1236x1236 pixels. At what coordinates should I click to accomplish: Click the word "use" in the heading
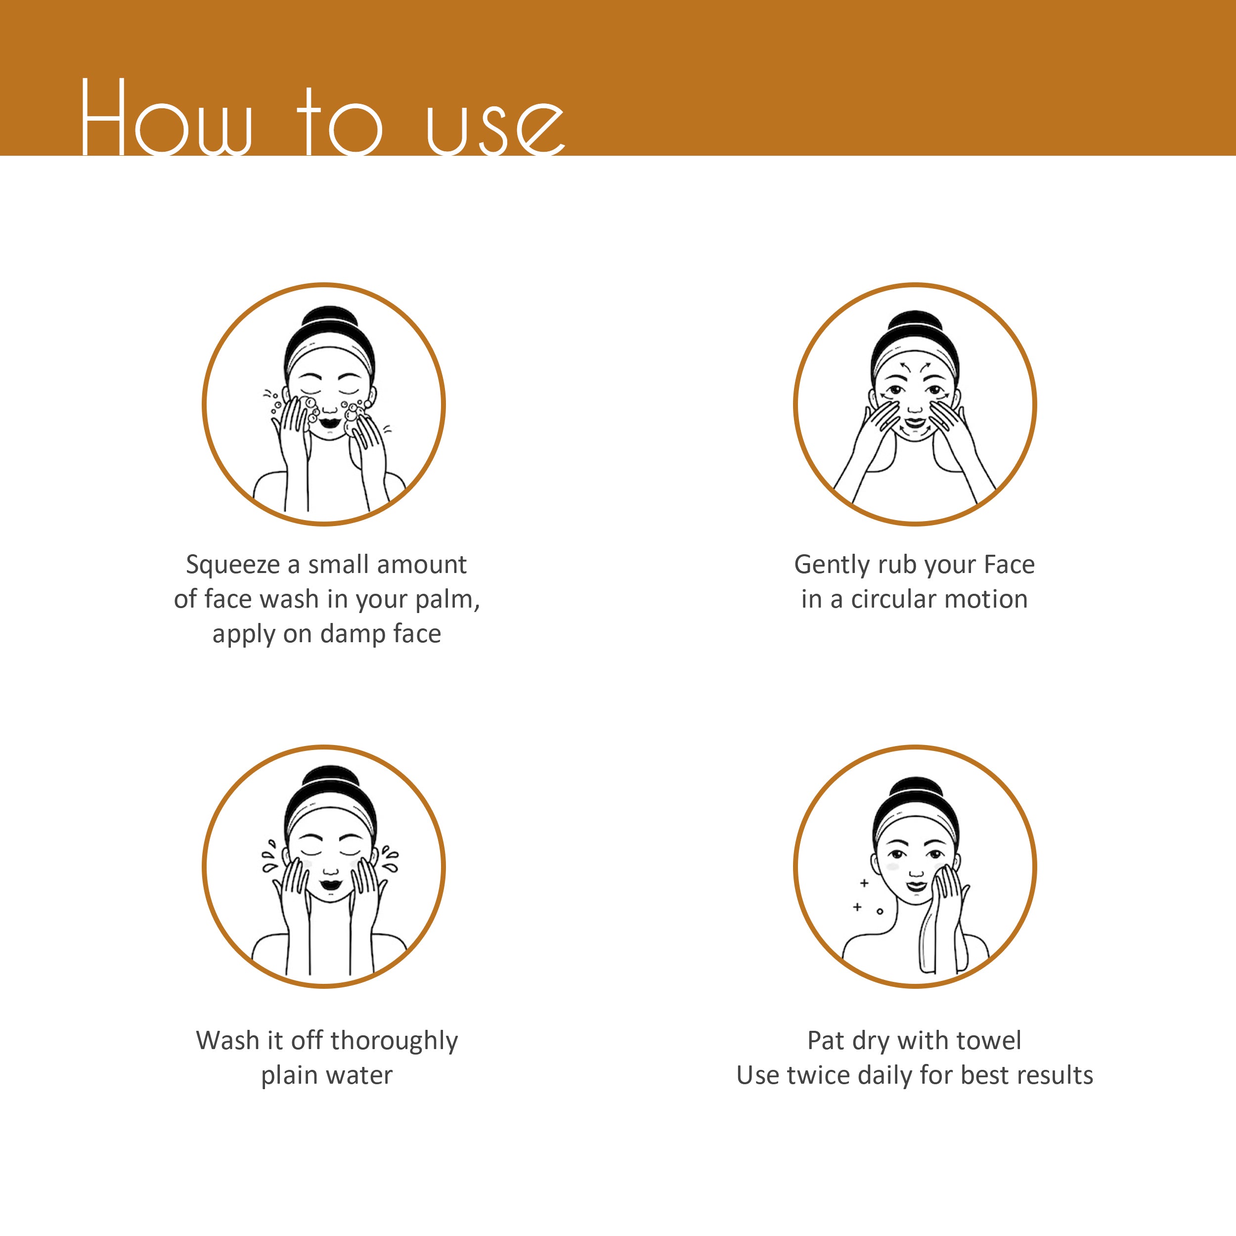pos(496,126)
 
